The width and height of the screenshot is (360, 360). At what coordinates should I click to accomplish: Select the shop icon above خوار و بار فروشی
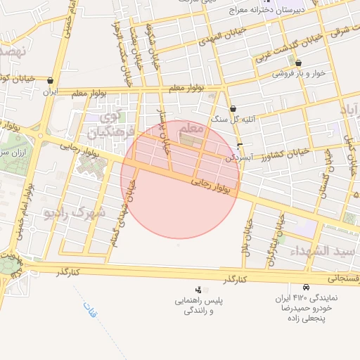pyautogui.click(x=298, y=63)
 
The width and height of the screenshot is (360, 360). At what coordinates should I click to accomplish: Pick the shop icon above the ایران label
pyautogui.click(x=51, y=81)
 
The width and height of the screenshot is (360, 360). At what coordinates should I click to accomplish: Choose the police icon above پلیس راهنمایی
pyautogui.click(x=198, y=289)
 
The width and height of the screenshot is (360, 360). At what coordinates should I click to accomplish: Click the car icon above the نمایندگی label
pyautogui.click(x=306, y=288)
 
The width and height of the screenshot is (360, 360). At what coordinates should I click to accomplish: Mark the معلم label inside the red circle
pyautogui.click(x=192, y=129)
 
